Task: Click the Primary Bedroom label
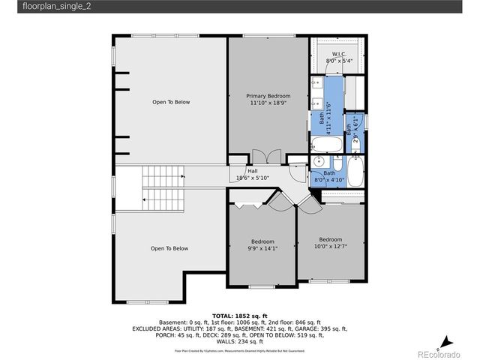[x=268, y=95]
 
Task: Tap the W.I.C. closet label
[x=340, y=55]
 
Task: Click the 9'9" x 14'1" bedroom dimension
[x=262, y=248]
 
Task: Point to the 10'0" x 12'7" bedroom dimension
[x=330, y=246]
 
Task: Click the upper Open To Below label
[x=171, y=102]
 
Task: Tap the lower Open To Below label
[x=169, y=248]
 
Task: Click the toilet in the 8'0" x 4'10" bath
[x=337, y=164]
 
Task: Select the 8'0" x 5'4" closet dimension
[x=340, y=62]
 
